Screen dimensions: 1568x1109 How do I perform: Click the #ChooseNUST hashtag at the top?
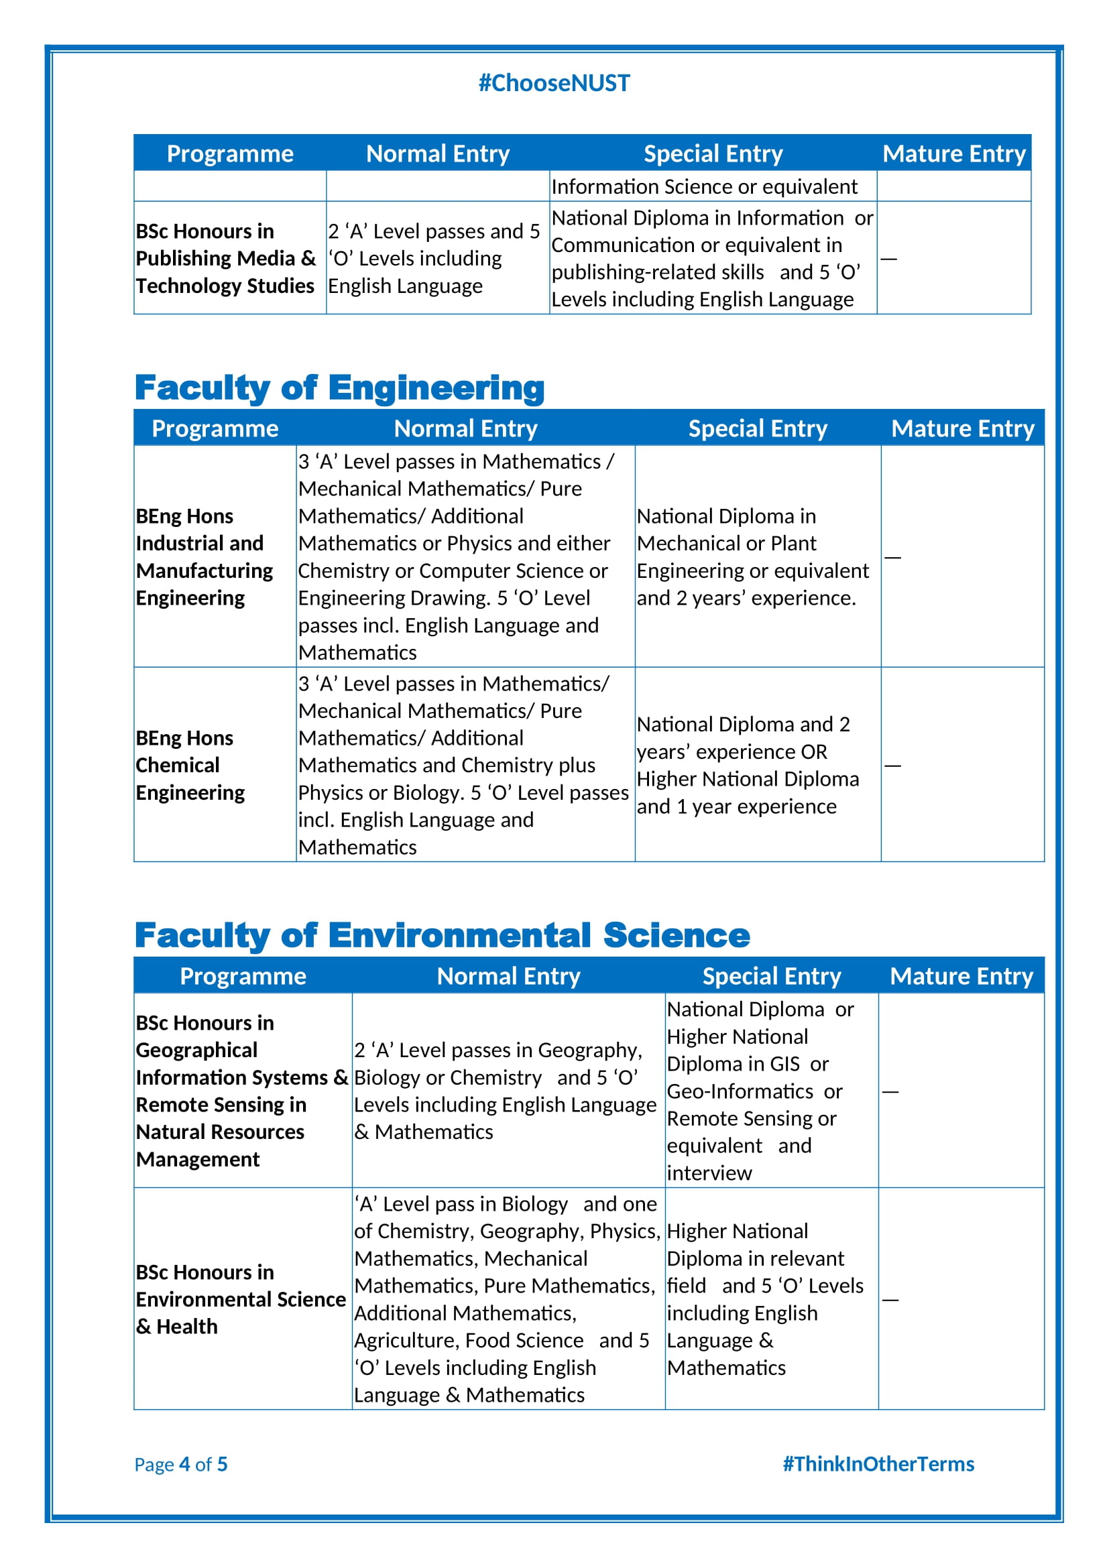tap(554, 83)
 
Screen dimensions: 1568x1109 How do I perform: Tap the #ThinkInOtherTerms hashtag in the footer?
tap(878, 1463)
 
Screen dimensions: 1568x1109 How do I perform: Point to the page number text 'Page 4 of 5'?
tap(181, 1464)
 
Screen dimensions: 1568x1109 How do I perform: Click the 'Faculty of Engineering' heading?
tap(339, 388)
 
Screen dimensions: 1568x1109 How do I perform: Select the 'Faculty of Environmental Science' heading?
tap(442, 936)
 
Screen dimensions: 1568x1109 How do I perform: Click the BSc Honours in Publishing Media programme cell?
tap(225, 258)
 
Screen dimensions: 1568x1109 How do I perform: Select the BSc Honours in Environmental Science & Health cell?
tap(241, 1299)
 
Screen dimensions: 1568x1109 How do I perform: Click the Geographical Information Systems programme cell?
tap(242, 1091)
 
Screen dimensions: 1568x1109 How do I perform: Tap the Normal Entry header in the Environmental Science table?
tap(508, 976)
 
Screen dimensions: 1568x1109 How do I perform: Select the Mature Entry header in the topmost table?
tap(953, 154)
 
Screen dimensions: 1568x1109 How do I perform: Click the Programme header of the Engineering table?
tap(215, 428)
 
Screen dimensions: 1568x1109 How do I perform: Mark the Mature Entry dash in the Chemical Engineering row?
tap(892, 766)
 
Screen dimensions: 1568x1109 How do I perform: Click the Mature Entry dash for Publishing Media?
tap(888, 259)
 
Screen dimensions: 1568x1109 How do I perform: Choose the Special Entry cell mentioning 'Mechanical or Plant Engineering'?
tap(752, 556)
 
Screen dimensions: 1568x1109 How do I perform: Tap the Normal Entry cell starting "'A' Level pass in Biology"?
tap(507, 1299)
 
